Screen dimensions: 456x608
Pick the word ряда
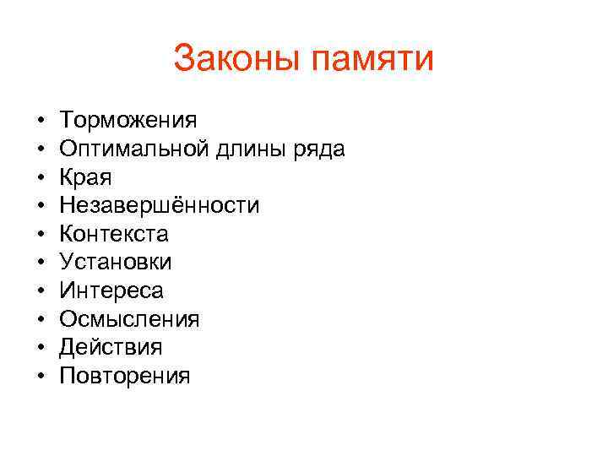(x=320, y=150)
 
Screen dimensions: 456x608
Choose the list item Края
(x=85, y=178)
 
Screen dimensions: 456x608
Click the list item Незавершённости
(x=160, y=205)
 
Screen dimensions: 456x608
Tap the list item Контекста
(x=114, y=234)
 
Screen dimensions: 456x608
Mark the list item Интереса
(x=112, y=290)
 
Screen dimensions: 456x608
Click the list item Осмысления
(x=129, y=319)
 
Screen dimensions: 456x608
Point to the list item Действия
(x=111, y=347)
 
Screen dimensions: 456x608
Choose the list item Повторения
(x=125, y=376)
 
